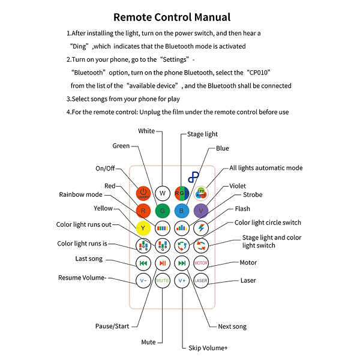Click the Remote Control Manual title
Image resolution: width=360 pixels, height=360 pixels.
(172, 17)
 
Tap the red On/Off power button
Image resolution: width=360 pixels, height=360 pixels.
(143, 193)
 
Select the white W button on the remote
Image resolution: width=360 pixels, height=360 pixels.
(162, 193)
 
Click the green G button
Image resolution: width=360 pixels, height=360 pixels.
(162, 211)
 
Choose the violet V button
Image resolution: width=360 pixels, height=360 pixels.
(200, 211)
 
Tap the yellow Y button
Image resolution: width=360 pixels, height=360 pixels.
(143, 228)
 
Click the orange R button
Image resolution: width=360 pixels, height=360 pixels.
(143, 211)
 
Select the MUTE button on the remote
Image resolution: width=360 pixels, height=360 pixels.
(162, 280)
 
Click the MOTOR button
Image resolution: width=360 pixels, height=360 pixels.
(200, 263)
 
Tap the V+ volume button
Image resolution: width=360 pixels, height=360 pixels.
(182, 280)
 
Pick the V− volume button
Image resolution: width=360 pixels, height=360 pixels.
(143, 280)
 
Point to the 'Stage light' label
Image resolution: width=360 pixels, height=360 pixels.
(203, 134)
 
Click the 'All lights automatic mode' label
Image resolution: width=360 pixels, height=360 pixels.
(266, 168)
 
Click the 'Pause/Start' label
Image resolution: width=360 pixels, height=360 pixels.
(112, 326)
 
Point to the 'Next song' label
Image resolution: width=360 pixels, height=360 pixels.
(232, 326)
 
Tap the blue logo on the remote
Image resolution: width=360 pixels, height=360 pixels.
(194, 178)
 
